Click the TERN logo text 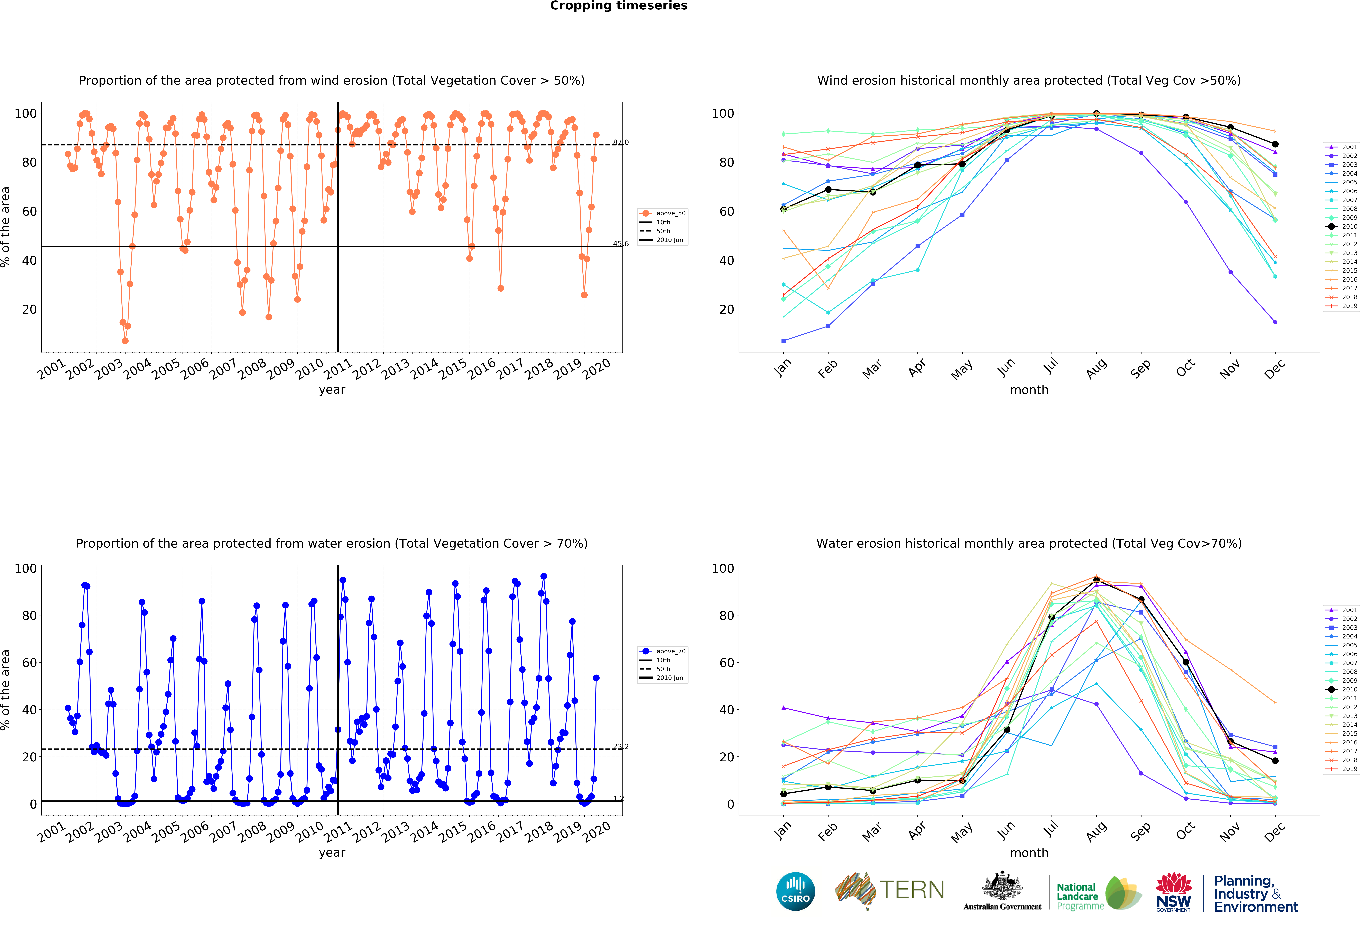[912, 890]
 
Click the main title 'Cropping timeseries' [619, 6]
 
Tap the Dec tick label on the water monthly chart [1275, 831]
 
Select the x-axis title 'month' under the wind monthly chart [1029, 390]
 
